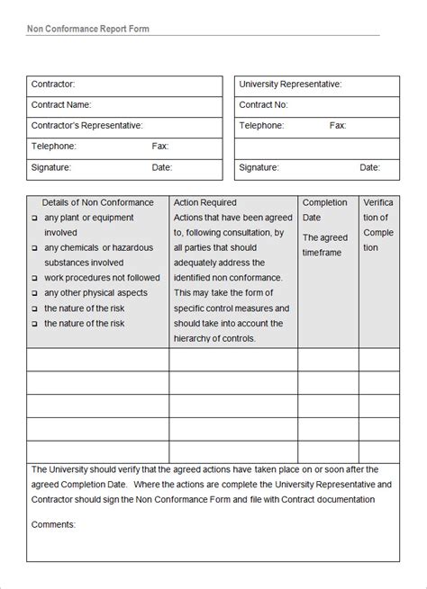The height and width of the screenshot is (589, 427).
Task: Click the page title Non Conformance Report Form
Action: coord(88,28)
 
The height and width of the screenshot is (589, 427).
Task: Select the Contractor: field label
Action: coord(53,85)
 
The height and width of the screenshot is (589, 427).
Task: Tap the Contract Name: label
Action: coord(61,105)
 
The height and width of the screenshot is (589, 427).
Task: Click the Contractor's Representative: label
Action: coord(87,126)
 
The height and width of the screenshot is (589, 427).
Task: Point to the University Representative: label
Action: coord(290,85)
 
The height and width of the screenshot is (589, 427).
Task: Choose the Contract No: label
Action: coord(263,105)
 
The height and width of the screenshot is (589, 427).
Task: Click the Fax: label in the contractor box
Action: coord(160,146)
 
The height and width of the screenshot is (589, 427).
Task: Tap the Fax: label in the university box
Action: coord(339,126)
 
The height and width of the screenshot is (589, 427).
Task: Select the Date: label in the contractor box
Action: coord(161,167)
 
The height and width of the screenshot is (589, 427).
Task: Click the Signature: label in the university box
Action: coord(259,167)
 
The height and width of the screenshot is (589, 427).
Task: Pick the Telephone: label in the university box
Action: coord(261,126)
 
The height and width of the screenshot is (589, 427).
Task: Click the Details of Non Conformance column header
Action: coord(97,203)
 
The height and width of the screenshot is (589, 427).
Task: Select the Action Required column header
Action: coord(204,203)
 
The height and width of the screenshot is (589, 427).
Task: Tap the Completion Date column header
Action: coord(324,210)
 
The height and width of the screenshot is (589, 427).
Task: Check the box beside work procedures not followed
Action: coord(34,279)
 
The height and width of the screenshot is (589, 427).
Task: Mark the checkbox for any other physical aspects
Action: coord(34,294)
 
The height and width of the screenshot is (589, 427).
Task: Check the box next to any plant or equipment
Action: coord(34,219)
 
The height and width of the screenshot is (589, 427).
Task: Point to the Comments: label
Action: coord(53,524)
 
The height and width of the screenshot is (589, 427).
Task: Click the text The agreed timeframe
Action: coord(324,245)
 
